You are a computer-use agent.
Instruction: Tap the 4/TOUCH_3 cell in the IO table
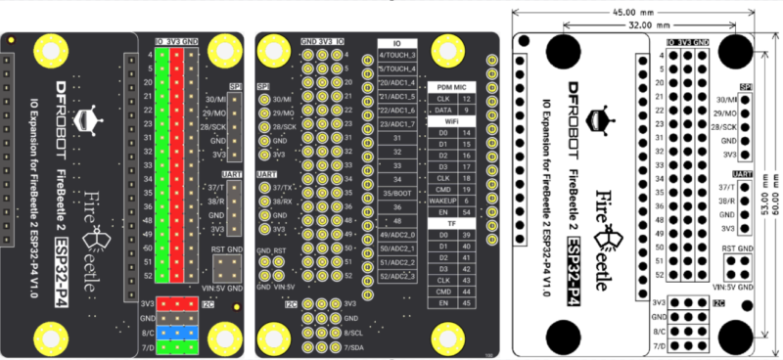pos(397,56)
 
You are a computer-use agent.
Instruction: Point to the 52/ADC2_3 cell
pos(397,276)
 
